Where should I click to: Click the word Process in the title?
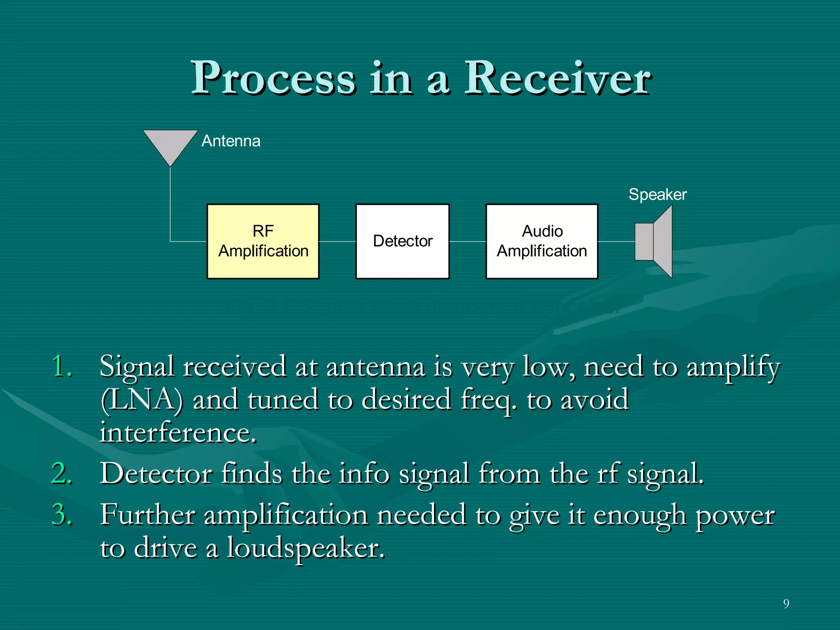tap(274, 78)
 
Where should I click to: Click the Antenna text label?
tap(231, 141)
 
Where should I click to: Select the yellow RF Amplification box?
tap(263, 241)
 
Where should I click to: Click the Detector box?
tap(402, 241)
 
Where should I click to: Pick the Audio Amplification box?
tap(541, 241)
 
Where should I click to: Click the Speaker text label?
tap(657, 194)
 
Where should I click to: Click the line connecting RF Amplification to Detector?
tap(337, 242)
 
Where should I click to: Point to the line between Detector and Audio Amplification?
tap(468, 242)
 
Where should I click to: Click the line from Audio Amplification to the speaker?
tap(616, 242)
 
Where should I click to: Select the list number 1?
tap(62, 366)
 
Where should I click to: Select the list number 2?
tap(62, 473)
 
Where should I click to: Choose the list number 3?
tap(62, 514)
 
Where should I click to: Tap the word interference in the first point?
tap(178, 432)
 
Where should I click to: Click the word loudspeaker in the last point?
tap(306, 548)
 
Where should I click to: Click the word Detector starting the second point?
tap(156, 473)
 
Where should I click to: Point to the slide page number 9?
tap(786, 603)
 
